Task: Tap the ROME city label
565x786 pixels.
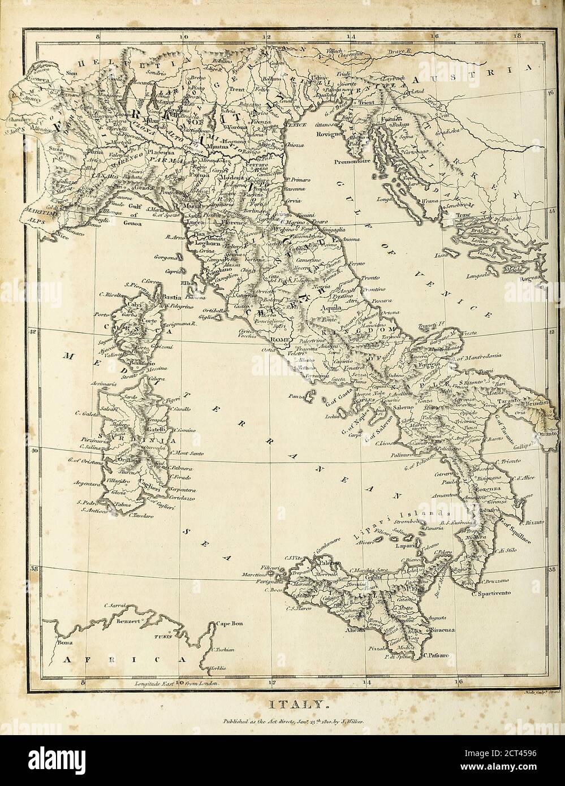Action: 279,339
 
